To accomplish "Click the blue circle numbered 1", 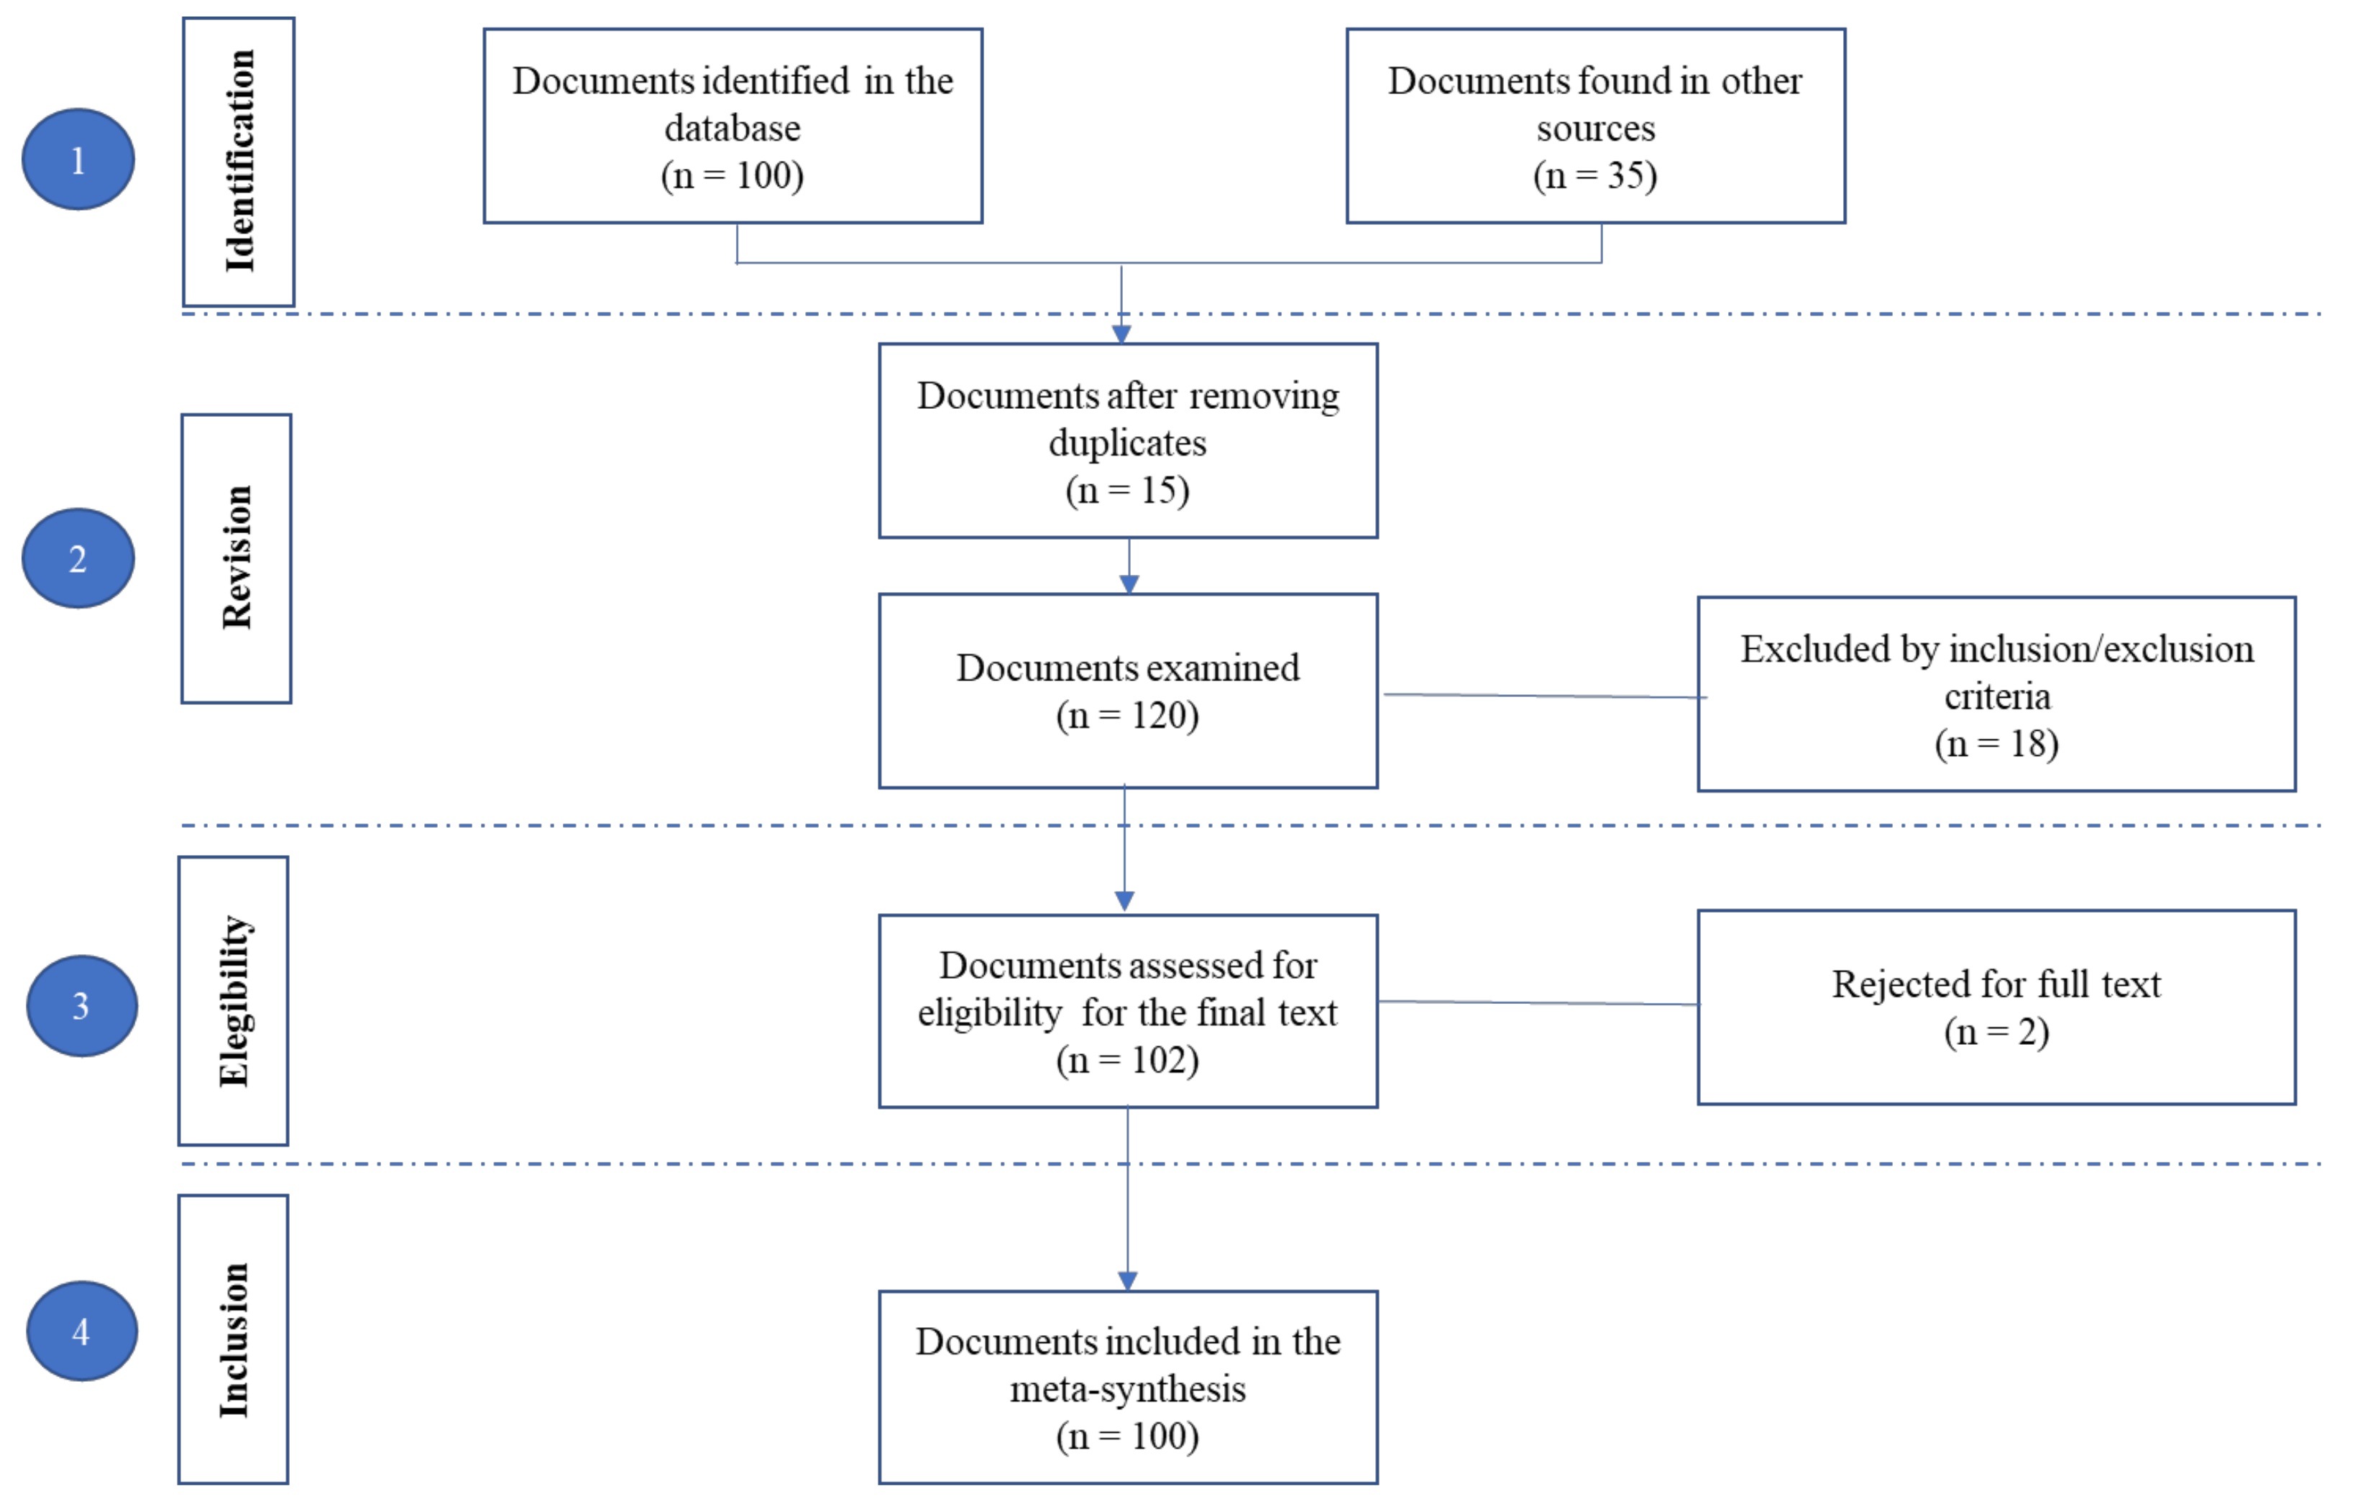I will pos(78,160).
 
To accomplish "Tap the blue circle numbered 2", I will pos(78,558).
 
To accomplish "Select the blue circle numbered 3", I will pos(81,1005).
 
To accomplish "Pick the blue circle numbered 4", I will pos(81,1331).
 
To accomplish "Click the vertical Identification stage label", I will pos(239,162).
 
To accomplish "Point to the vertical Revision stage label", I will pos(237,558).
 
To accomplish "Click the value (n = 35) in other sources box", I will pos(1594,176).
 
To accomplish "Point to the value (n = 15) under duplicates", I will pos(1127,490).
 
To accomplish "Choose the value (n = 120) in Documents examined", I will pos(1127,715).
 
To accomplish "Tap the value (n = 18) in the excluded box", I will pos(1996,744).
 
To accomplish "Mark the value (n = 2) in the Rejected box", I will pos(1996,1032).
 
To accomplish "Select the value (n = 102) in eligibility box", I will pos(1127,1060).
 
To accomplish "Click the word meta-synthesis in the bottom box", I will pos(1127,1390).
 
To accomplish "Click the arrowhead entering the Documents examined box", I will pos(1129,585).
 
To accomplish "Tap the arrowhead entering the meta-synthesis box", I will pos(1127,1280).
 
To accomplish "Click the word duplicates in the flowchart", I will pos(1127,443).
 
